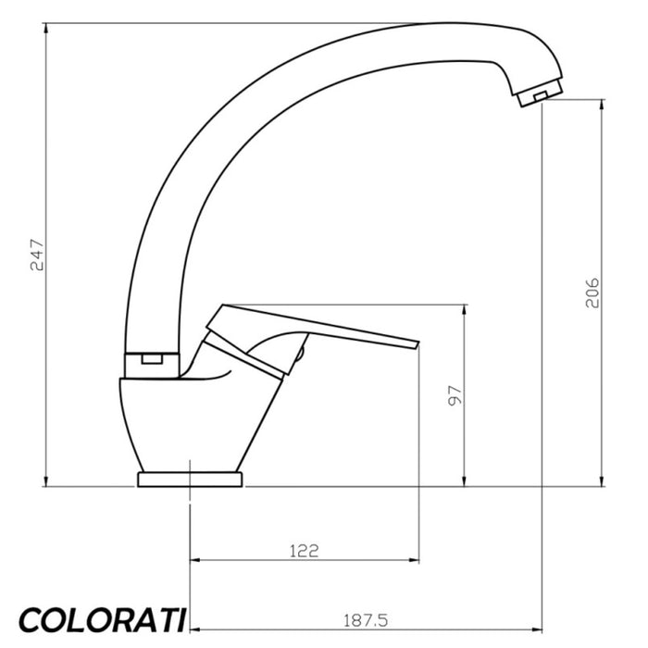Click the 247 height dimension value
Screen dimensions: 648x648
point(36,255)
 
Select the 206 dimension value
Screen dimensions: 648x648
point(593,293)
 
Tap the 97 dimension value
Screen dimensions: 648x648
point(454,395)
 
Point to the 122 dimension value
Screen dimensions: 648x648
point(304,550)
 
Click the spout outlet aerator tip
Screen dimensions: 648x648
point(537,94)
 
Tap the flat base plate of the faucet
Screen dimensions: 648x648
point(190,479)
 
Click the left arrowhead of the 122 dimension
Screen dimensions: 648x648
point(194,560)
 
